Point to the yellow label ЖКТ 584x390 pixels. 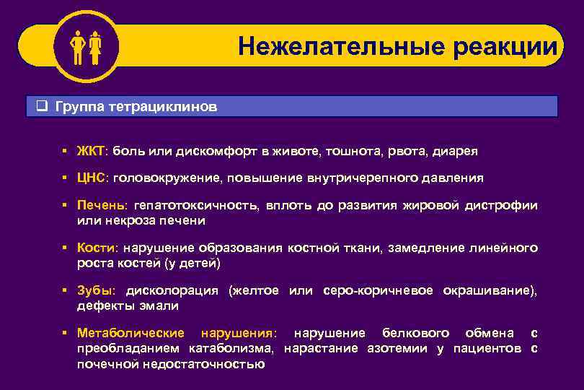[x=91, y=152]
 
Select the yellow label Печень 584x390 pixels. [x=100, y=205]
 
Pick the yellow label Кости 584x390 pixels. [x=97, y=248]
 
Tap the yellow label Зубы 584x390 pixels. [x=95, y=291]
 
